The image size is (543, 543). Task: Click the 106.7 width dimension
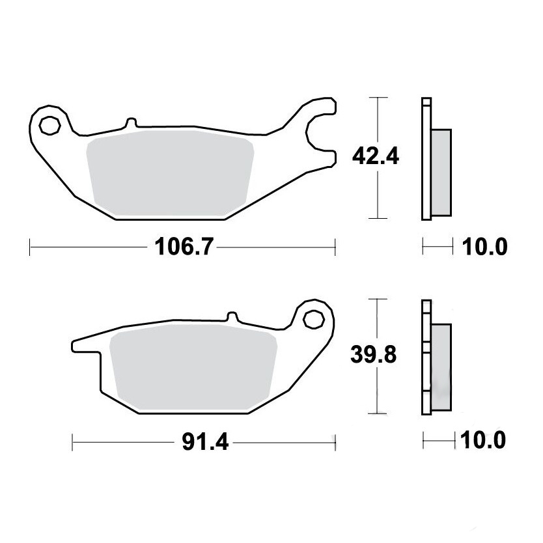[x=184, y=247]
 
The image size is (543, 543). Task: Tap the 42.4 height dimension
[x=376, y=156]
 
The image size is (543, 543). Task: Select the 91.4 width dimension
[x=205, y=442]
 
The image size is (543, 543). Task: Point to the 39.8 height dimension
[x=373, y=355]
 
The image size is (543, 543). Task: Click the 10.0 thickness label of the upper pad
[x=485, y=247]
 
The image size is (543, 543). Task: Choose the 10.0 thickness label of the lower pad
[x=482, y=440]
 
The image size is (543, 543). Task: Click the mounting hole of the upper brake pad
[x=49, y=126]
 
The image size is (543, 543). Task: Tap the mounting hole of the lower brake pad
[x=313, y=319]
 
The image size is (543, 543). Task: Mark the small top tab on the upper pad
[x=131, y=123]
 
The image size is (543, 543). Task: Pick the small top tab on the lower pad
[x=232, y=317]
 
